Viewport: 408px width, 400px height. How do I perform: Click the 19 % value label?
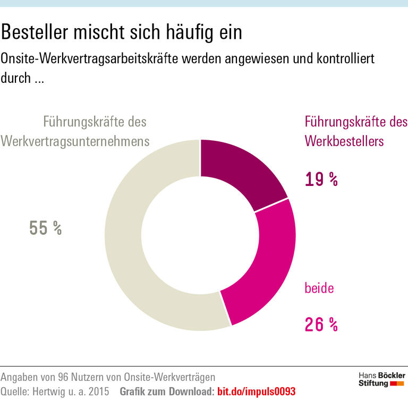coord(321,180)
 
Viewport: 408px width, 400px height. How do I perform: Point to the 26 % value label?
coord(321,324)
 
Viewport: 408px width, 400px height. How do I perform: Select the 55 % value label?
coord(46,228)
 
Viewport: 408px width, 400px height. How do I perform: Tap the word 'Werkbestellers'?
coord(344,141)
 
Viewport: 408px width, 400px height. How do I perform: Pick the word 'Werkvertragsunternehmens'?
coord(75,141)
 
